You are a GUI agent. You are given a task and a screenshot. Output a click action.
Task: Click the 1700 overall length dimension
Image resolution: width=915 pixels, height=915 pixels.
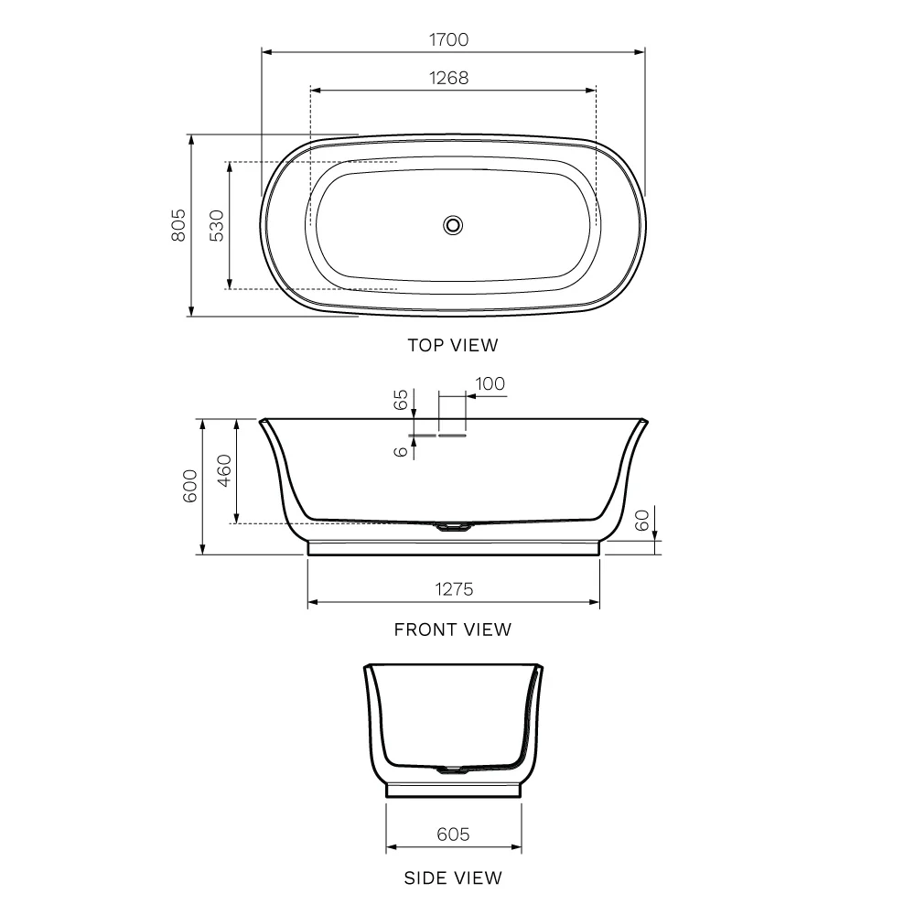pyautogui.click(x=448, y=39)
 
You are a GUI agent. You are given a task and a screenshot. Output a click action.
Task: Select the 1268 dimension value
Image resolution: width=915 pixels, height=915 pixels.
pyautogui.click(x=448, y=78)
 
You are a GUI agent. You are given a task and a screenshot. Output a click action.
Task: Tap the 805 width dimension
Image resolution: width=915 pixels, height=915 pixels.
pyautogui.click(x=178, y=225)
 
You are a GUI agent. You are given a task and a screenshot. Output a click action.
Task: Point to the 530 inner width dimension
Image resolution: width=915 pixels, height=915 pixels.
pyautogui.click(x=217, y=225)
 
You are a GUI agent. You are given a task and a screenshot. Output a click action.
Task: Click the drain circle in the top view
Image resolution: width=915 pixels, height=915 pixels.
pyautogui.click(x=453, y=225)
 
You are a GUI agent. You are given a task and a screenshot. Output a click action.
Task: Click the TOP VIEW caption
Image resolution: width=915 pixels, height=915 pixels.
pyautogui.click(x=453, y=346)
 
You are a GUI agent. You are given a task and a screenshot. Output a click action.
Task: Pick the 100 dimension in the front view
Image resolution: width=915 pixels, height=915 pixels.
pyautogui.click(x=490, y=384)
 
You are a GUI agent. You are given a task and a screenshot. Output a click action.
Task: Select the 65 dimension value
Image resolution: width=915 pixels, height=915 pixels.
pyautogui.click(x=401, y=401)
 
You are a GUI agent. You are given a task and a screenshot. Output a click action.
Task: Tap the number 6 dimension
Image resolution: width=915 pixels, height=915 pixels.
pyautogui.click(x=401, y=451)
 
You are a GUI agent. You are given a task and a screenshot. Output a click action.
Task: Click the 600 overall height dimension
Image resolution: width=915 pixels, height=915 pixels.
pyautogui.click(x=190, y=486)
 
